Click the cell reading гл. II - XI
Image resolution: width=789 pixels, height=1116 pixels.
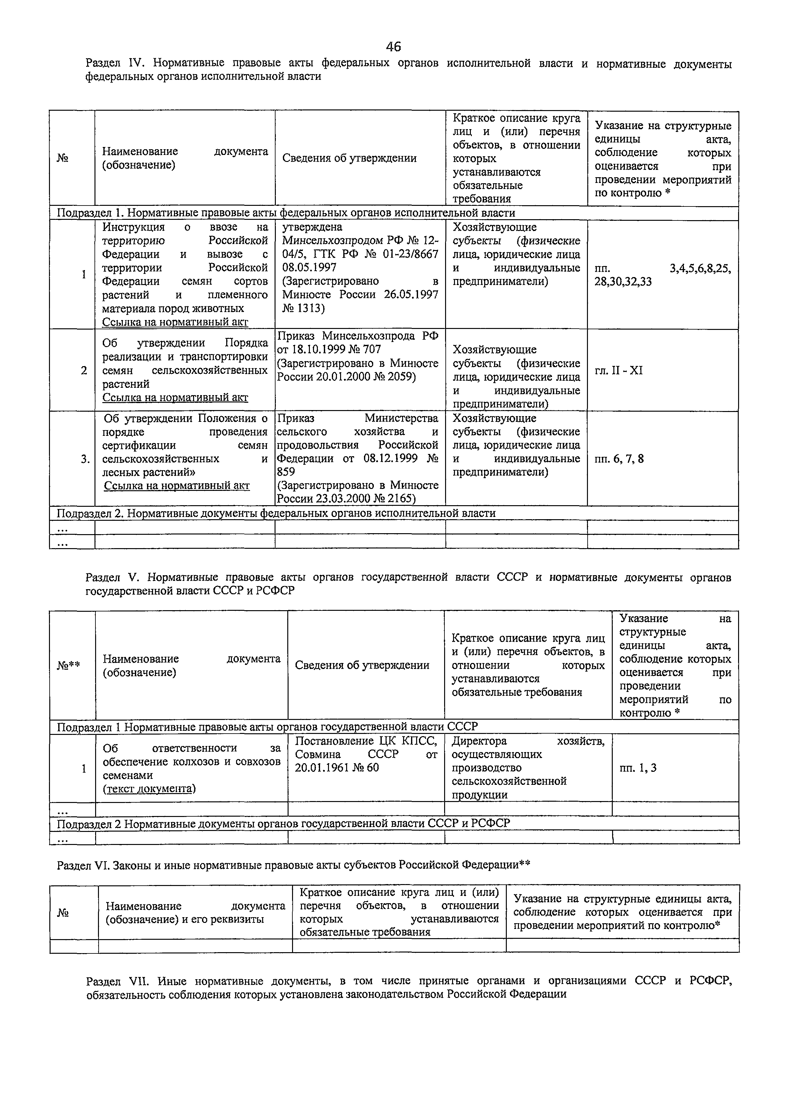tap(618, 370)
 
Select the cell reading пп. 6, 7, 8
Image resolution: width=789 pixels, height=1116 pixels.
tap(619, 458)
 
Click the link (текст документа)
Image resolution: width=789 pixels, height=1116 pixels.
tap(149, 788)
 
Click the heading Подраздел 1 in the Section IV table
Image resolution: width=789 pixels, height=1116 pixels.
tap(286, 213)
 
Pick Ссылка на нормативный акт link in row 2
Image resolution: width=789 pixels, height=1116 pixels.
tap(175, 398)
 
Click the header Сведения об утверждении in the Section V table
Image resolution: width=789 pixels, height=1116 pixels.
tap(362, 666)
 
